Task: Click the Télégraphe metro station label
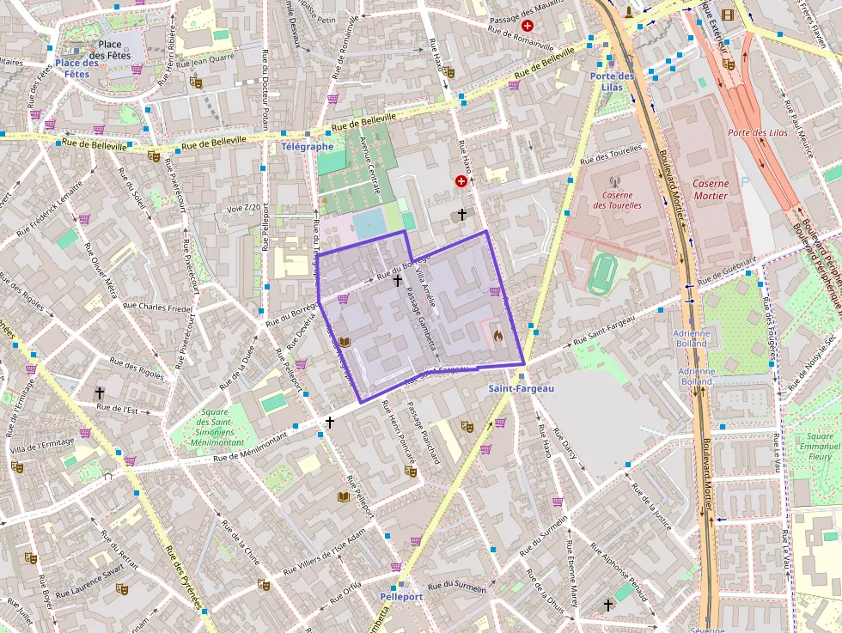307,147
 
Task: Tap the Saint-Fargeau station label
522,388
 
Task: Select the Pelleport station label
400,596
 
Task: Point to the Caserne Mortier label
711,190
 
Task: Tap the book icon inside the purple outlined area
344,342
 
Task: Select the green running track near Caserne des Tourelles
603,273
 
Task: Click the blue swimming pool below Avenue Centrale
369,224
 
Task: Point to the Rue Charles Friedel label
157,307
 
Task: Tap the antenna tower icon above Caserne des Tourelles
614,182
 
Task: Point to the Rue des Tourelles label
611,155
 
